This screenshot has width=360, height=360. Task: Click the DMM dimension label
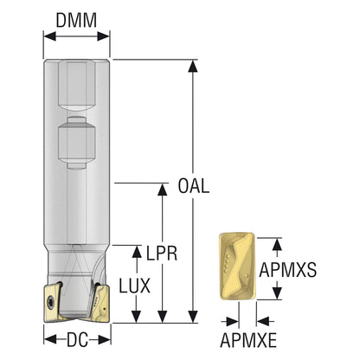pos(76,21)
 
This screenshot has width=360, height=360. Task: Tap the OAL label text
pos(194,186)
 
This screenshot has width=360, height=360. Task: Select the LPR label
pos(162,254)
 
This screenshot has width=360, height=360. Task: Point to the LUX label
pos(135,286)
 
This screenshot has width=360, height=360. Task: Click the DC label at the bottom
pos(77,340)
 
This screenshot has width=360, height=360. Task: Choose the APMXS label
pos(288,270)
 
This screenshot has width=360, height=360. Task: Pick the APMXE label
pos(248,340)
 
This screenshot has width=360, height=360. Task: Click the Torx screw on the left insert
pos(51,303)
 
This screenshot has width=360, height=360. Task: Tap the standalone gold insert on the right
pos(237,267)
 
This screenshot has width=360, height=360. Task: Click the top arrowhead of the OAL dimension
pos(193,66)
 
